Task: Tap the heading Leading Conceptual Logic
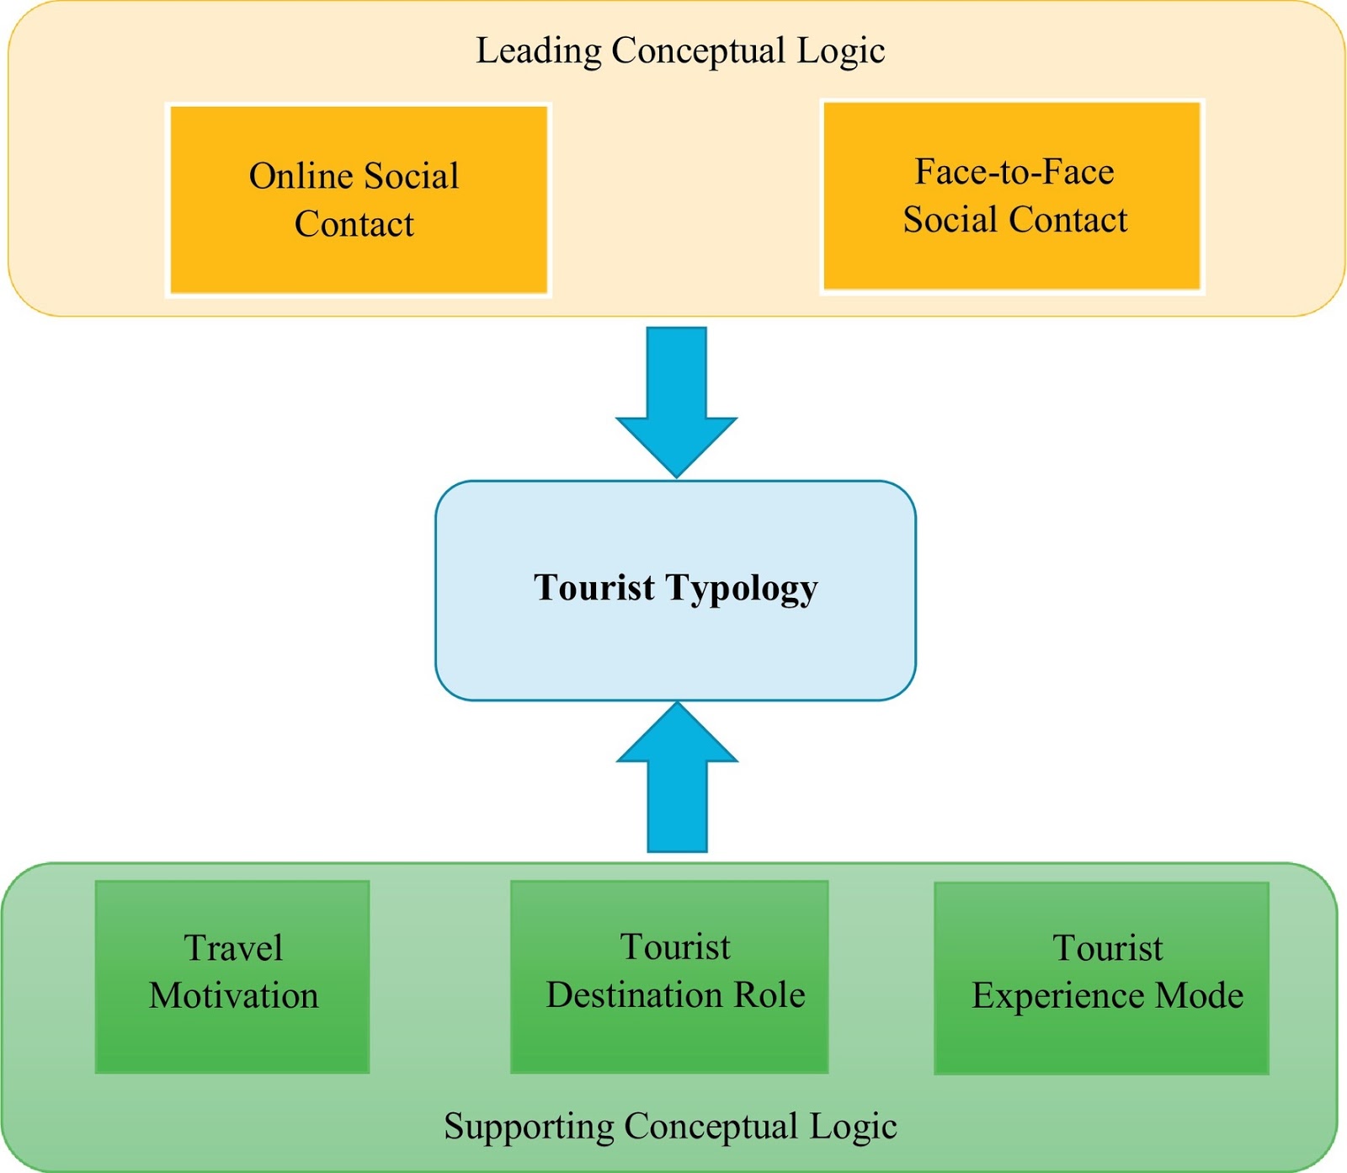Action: coord(680,51)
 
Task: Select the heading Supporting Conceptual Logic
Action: coord(670,1127)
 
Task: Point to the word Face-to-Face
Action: coord(1014,172)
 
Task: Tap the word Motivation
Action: coord(234,996)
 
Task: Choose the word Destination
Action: coord(635,995)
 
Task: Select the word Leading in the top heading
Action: coord(539,51)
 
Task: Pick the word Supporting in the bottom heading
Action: coord(530,1127)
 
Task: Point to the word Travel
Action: coord(233,948)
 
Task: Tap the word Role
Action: coord(769,995)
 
